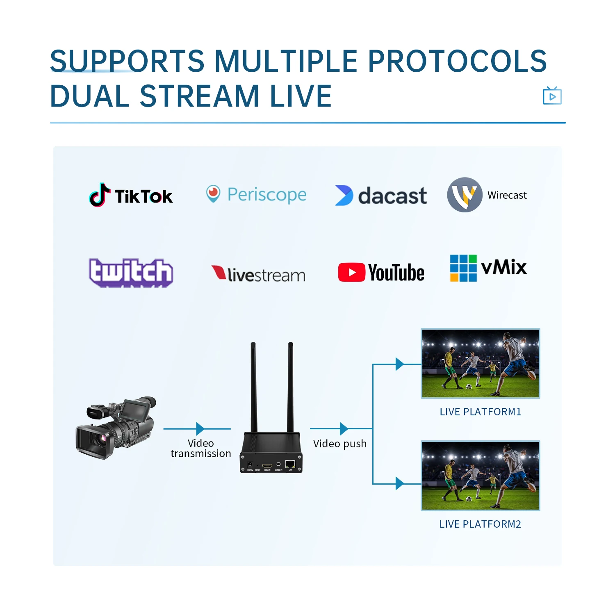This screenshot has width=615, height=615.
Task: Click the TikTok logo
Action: click(x=131, y=195)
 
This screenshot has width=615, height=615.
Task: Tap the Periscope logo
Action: click(x=256, y=194)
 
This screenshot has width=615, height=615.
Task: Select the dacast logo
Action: click(x=381, y=196)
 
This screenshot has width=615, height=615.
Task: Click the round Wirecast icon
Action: click(x=465, y=195)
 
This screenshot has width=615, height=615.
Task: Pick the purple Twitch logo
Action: click(x=131, y=273)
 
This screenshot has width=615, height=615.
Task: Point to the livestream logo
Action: click(x=258, y=274)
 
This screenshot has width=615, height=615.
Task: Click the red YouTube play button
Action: click(x=351, y=273)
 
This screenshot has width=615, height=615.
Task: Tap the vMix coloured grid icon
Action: click(x=463, y=268)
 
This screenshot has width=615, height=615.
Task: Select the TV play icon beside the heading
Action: click(x=552, y=96)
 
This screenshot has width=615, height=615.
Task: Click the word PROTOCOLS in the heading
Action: click(x=457, y=61)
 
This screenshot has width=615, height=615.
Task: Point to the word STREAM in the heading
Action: click(x=200, y=96)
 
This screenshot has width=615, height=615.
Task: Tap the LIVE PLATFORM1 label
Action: click(x=480, y=412)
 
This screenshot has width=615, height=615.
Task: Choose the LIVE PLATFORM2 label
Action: click(x=480, y=524)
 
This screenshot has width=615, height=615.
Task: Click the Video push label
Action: click(x=339, y=444)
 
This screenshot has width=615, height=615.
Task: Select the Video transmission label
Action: click(x=200, y=449)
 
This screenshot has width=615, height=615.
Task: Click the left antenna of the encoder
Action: click(x=254, y=387)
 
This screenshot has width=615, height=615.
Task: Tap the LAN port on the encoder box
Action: click(x=290, y=465)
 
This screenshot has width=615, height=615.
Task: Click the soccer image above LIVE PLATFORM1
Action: click(x=481, y=363)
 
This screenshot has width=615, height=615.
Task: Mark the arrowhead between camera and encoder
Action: click(x=200, y=429)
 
